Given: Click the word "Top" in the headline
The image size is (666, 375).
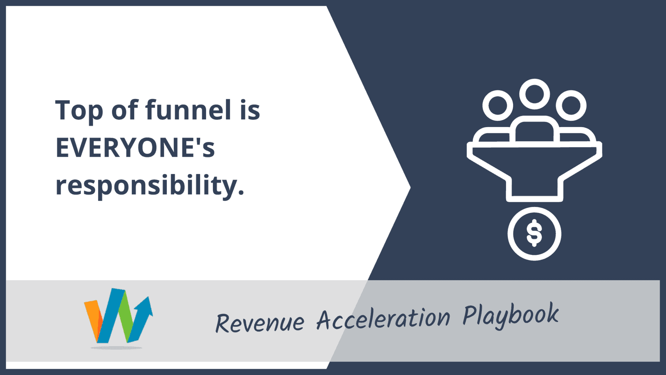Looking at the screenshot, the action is click(x=79, y=110).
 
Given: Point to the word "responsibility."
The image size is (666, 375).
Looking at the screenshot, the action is click(x=150, y=186).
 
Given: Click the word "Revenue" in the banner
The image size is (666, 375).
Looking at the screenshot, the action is click(x=260, y=323).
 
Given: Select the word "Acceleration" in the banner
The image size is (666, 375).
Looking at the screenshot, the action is click(x=383, y=319).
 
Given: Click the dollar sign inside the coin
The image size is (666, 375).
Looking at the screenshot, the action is click(x=534, y=233).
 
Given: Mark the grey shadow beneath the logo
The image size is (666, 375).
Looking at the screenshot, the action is click(x=116, y=348).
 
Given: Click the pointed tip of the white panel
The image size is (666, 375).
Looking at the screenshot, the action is click(x=410, y=187).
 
